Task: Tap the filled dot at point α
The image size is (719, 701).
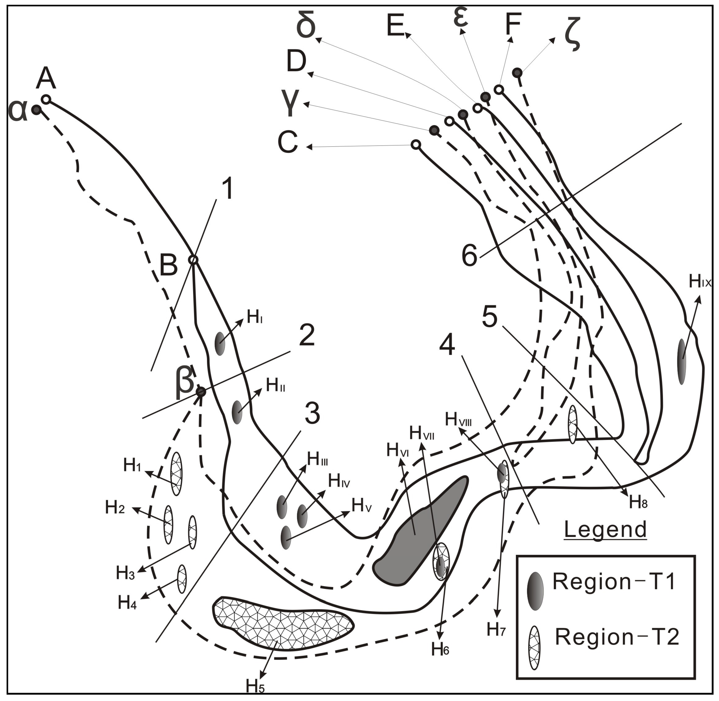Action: (36, 109)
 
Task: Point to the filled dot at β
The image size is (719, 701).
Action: (201, 392)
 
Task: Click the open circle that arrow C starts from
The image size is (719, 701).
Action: (416, 144)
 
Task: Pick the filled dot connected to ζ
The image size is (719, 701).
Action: (517, 73)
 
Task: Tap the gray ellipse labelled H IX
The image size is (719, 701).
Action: (682, 362)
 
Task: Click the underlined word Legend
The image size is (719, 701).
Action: (606, 529)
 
